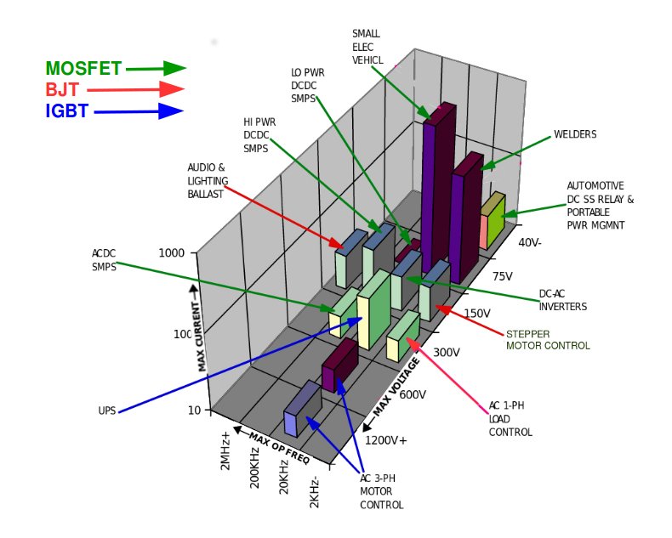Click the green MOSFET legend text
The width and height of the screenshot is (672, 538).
pos(83,69)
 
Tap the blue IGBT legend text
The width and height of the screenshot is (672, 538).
pos(66,110)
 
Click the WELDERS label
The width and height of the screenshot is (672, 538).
pos(575,134)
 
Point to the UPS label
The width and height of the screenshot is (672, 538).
pos(106,411)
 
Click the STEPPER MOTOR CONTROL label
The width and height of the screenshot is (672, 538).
pos(548,340)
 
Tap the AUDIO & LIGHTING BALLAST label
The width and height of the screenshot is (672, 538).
pos(206,180)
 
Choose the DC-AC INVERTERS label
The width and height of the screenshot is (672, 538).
pos(563,300)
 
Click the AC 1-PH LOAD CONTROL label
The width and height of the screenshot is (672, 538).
pos(510,418)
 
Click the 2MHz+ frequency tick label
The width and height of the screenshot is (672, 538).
pos(225,451)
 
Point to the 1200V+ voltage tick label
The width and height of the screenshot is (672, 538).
pos(386,440)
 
